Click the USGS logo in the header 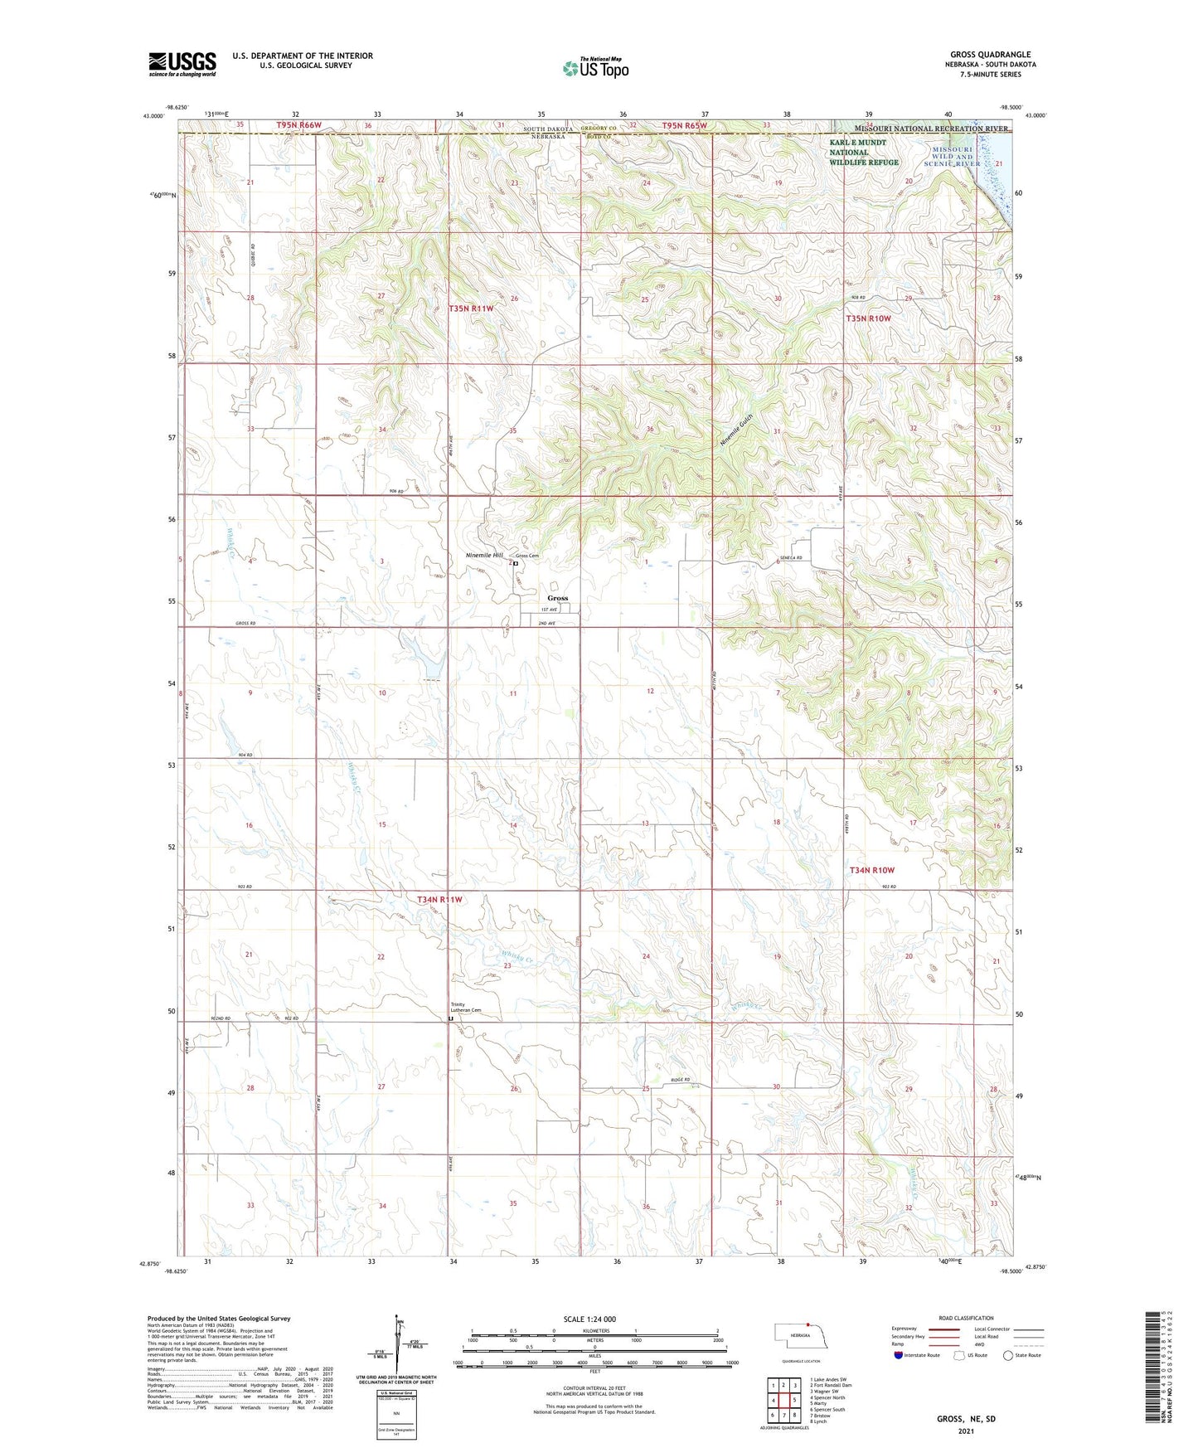click(182, 64)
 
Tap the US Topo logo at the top click(595, 68)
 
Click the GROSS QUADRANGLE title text click(990, 55)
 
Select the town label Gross click(558, 598)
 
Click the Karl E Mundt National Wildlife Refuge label click(864, 153)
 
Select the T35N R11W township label click(471, 309)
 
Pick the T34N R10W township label click(872, 870)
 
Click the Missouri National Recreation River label click(922, 129)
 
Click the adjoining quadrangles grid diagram click(783, 1400)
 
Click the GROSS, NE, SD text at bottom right click(966, 1419)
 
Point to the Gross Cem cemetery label click(527, 556)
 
